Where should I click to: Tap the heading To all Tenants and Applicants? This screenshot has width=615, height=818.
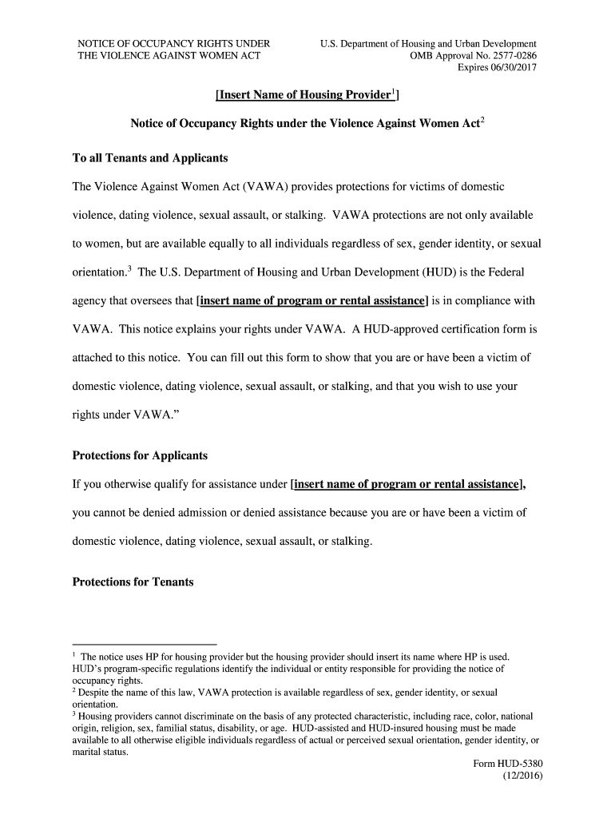[x=150, y=158]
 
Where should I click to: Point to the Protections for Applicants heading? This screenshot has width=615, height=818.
[x=140, y=455]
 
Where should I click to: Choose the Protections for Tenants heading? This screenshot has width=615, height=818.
[x=133, y=582]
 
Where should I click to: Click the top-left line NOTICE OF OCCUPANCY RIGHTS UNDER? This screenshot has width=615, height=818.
[x=173, y=43]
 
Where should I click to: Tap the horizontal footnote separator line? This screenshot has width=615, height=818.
[x=145, y=643]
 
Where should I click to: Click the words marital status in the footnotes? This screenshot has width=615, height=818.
[x=100, y=752]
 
